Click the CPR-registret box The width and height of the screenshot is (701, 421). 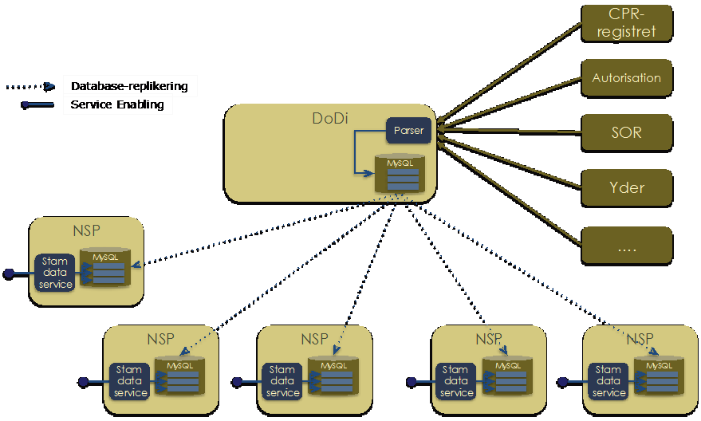[x=627, y=22]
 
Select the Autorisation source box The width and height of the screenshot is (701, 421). [x=627, y=78]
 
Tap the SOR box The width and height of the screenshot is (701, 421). [x=627, y=132]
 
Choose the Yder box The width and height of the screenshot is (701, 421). [x=627, y=188]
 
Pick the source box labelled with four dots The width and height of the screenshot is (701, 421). [x=627, y=246]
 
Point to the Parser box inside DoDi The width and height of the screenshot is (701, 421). [x=408, y=131]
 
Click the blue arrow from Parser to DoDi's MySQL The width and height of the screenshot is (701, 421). [x=356, y=151]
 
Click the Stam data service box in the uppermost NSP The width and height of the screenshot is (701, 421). [x=56, y=273]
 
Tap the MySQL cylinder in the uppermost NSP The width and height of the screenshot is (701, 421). [x=107, y=268]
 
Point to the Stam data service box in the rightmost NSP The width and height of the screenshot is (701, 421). [x=608, y=381]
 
